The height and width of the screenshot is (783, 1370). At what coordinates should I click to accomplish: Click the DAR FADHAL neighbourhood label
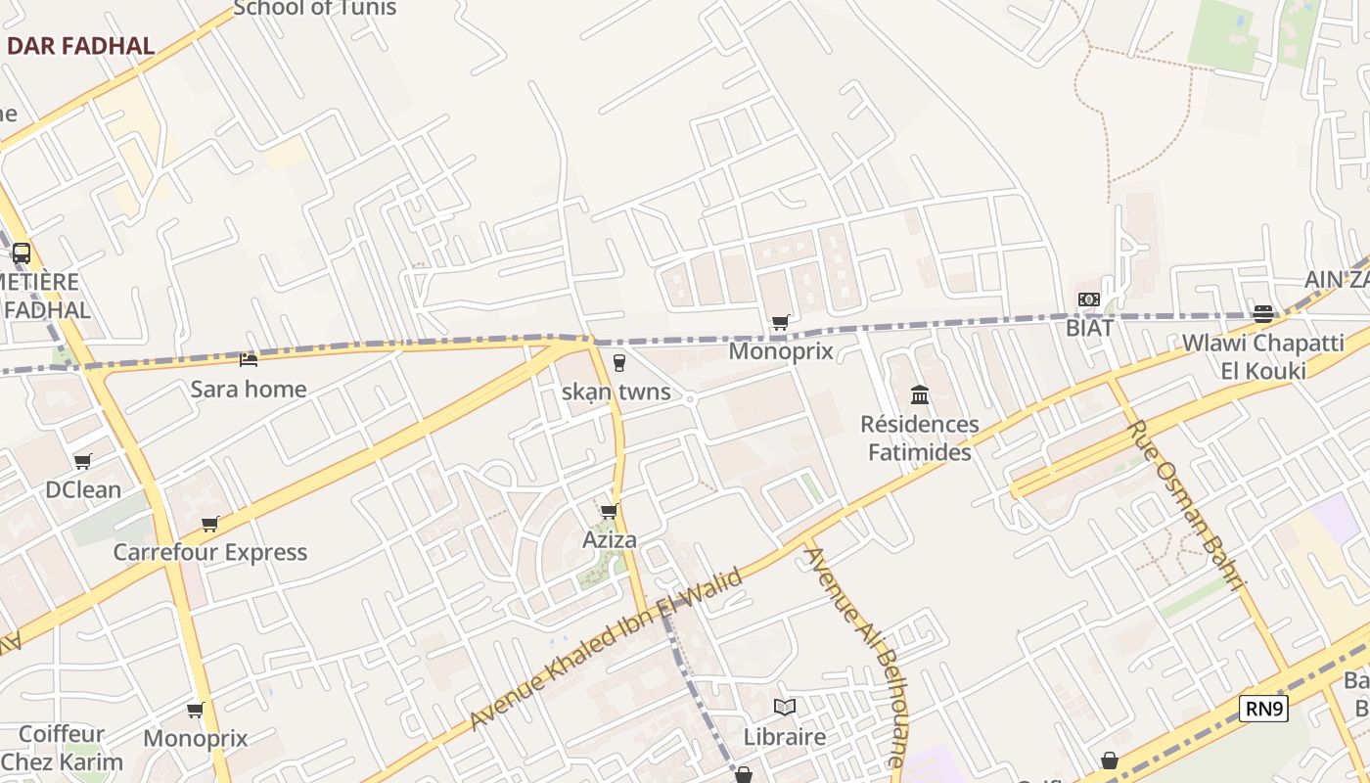(x=80, y=46)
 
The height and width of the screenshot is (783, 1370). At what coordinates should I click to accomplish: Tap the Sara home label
(x=249, y=390)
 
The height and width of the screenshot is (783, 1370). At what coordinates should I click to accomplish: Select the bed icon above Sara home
(x=249, y=360)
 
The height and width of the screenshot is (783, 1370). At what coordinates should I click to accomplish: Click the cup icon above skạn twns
(x=618, y=363)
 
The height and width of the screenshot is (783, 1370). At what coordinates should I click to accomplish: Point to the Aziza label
(x=610, y=540)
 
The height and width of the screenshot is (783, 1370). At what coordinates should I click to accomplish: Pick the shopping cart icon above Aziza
(x=610, y=511)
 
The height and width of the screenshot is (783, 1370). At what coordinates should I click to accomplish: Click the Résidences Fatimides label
(x=920, y=438)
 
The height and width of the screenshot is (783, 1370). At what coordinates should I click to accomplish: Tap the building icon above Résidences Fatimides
(x=920, y=395)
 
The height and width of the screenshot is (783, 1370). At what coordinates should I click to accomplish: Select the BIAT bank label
(x=1090, y=328)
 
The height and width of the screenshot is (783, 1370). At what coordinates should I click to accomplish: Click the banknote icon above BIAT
(x=1089, y=299)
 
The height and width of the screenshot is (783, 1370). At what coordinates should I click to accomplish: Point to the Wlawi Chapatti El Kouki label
(x=1263, y=357)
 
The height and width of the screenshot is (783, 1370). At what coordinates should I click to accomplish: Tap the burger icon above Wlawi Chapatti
(x=1263, y=314)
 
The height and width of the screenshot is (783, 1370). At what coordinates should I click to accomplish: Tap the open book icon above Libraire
(x=785, y=707)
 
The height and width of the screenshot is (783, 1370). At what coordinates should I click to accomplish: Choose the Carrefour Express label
(x=210, y=553)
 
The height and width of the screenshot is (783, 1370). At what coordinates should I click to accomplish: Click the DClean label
(x=83, y=490)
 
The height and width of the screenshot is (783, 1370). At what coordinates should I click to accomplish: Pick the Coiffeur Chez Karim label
(x=62, y=749)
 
